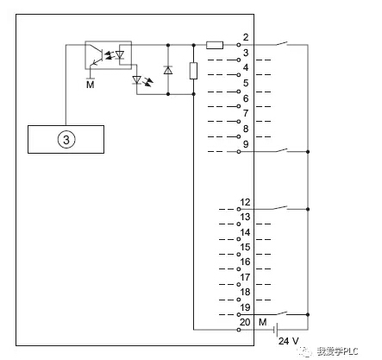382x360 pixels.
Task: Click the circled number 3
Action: (x=66, y=140)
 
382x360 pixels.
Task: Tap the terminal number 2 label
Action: (x=246, y=37)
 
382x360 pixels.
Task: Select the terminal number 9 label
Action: (x=246, y=144)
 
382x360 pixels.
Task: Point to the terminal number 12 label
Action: (x=245, y=202)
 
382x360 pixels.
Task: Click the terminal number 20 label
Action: (x=245, y=322)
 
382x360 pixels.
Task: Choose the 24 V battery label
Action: (x=289, y=341)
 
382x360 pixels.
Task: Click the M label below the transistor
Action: (x=91, y=85)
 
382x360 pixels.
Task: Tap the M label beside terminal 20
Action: (x=263, y=322)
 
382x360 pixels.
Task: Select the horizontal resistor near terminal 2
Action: (x=215, y=45)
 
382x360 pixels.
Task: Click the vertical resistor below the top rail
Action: (x=193, y=71)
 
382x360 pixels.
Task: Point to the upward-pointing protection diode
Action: (x=168, y=70)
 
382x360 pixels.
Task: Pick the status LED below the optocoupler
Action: (x=141, y=79)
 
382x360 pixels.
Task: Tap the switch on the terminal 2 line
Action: (x=281, y=44)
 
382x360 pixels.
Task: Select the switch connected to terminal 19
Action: (x=281, y=313)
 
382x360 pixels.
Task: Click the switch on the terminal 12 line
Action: (x=281, y=208)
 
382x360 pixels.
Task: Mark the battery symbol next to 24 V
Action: (x=275, y=330)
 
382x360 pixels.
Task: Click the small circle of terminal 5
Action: (x=239, y=92)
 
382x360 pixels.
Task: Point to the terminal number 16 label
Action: (x=245, y=262)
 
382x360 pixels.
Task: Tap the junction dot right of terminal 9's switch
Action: (x=308, y=152)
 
